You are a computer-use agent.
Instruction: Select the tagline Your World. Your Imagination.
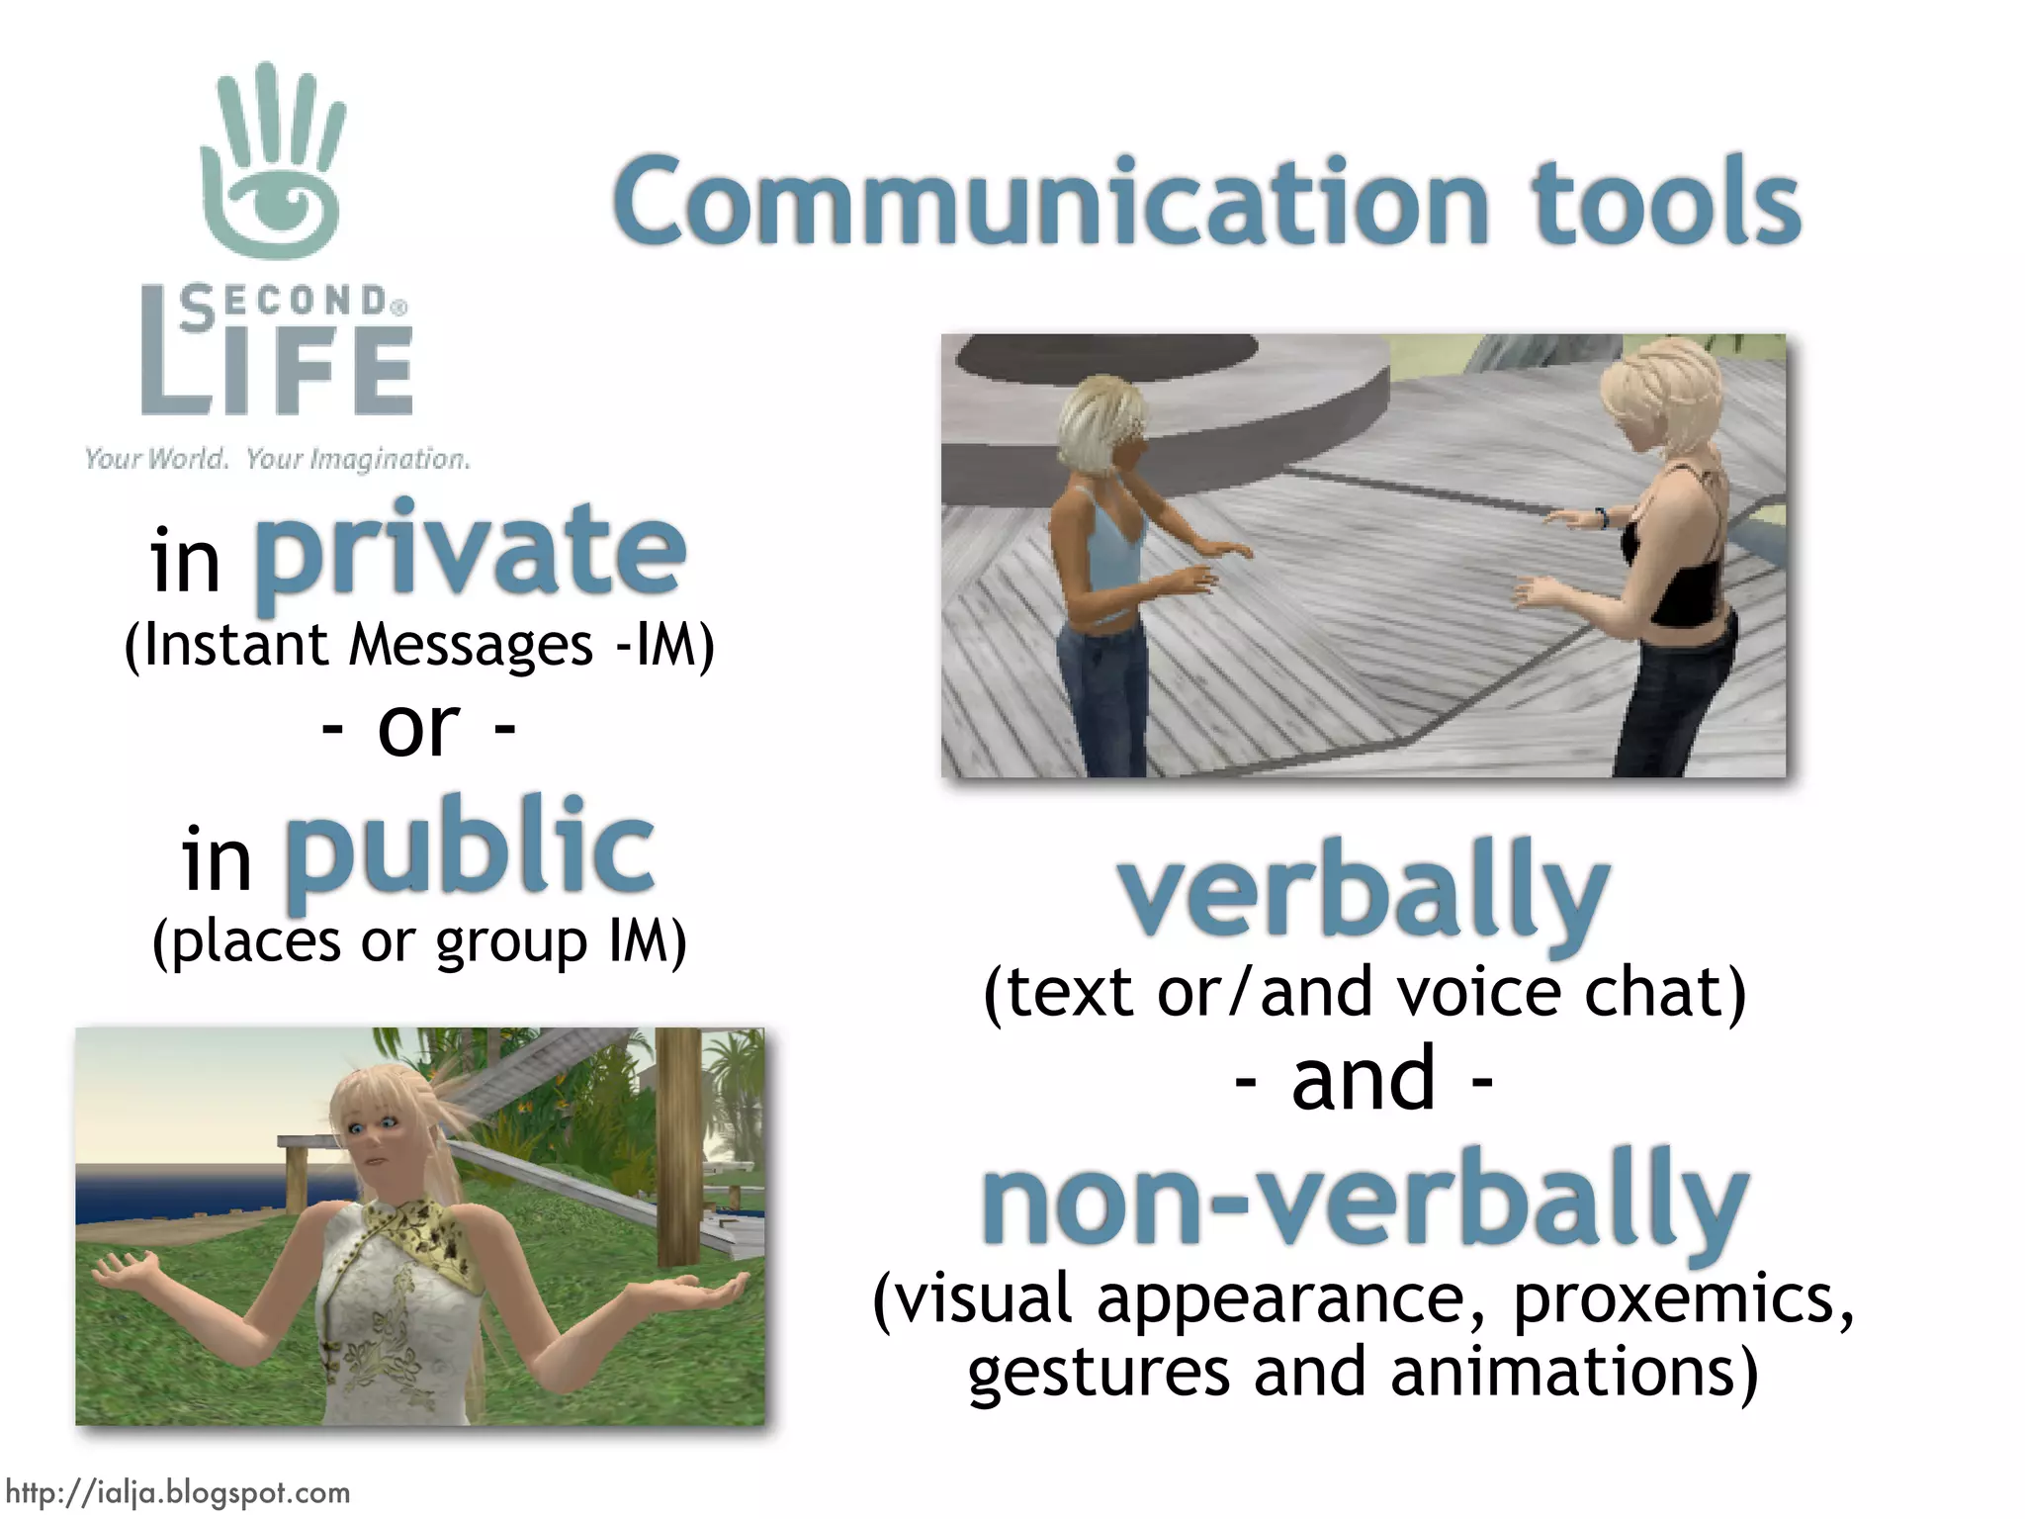(x=277, y=459)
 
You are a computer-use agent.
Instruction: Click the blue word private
(x=471, y=554)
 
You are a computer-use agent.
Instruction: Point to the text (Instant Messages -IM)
(x=419, y=645)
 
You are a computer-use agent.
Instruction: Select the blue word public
(x=471, y=850)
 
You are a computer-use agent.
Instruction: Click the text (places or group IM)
(x=419, y=940)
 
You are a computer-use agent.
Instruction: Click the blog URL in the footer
(x=178, y=1492)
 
